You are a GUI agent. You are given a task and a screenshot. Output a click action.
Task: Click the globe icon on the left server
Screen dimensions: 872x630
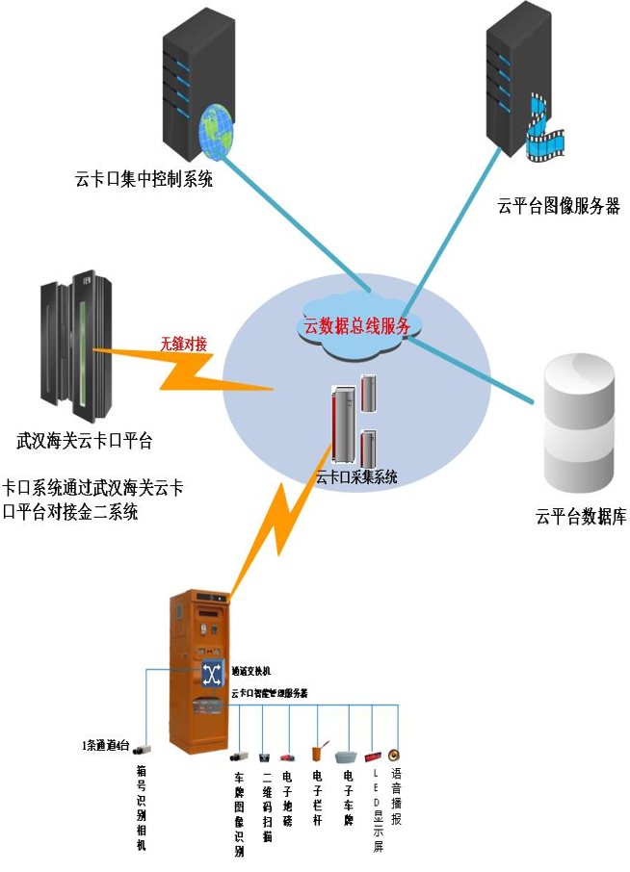pyautogui.click(x=217, y=135)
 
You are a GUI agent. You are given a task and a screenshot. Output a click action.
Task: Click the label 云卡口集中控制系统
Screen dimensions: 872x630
pyautogui.click(x=144, y=179)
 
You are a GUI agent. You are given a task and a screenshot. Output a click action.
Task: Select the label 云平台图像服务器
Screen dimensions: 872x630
pyautogui.click(x=558, y=205)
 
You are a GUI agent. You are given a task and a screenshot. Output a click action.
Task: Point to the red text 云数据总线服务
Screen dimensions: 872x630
pyautogui.click(x=357, y=325)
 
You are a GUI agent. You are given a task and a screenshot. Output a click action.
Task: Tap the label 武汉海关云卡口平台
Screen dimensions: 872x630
pyautogui.click(x=85, y=442)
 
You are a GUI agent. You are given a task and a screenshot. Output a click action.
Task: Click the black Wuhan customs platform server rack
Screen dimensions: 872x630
pyautogui.click(x=71, y=351)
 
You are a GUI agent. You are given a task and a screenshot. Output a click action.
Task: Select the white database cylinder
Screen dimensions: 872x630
pyautogui.click(x=578, y=423)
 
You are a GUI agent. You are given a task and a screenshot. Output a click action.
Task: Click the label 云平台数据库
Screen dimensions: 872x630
pyautogui.click(x=581, y=517)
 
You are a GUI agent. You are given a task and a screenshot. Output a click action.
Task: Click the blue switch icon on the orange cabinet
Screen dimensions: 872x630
pyautogui.click(x=212, y=671)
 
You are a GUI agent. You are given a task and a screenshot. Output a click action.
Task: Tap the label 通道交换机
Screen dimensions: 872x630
pyautogui.click(x=252, y=671)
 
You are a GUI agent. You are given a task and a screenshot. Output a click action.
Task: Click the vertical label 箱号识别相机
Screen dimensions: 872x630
pyautogui.click(x=142, y=808)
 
